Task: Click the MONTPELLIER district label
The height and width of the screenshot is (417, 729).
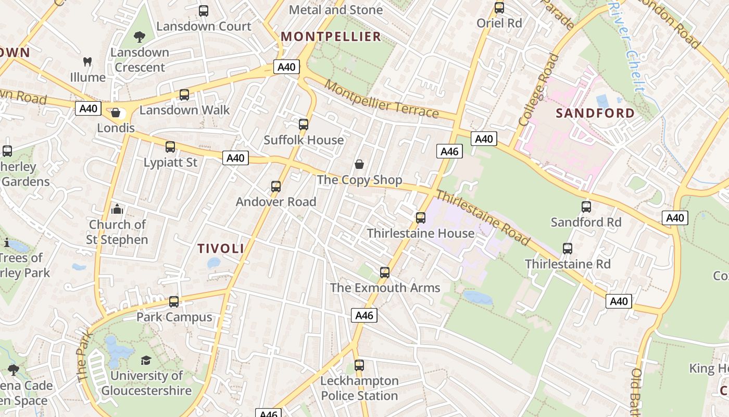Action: [x=331, y=36]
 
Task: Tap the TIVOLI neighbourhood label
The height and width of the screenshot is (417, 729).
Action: [x=221, y=249]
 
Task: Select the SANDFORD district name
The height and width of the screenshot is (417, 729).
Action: [x=595, y=113]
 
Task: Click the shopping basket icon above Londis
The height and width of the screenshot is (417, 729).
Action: [x=116, y=113]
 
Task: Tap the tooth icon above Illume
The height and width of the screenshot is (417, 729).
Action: [x=87, y=62]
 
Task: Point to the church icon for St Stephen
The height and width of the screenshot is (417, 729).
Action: [x=117, y=209]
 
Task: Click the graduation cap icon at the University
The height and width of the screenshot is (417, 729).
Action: [x=146, y=360]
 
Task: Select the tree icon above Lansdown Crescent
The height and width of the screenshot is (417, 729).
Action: [x=139, y=37]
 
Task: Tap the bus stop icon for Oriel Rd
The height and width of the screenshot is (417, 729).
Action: [x=499, y=8]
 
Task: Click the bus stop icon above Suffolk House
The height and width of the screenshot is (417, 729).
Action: [x=304, y=125]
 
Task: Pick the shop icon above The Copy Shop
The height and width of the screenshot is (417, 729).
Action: [x=359, y=165]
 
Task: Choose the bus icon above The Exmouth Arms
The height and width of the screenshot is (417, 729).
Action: [x=385, y=272]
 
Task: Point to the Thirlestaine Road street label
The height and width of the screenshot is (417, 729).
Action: [x=483, y=218]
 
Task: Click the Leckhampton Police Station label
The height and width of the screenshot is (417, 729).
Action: [x=359, y=388]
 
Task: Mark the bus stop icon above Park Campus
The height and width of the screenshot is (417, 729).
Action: [x=174, y=301]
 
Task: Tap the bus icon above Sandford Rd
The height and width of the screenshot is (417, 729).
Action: [x=586, y=207]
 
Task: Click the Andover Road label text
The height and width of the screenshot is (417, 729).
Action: [x=276, y=202]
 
